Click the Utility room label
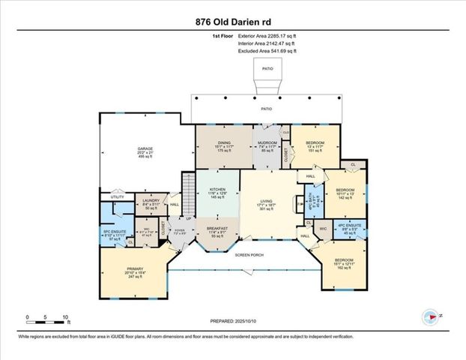(x=118, y=197)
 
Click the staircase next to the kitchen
(x=188, y=184)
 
